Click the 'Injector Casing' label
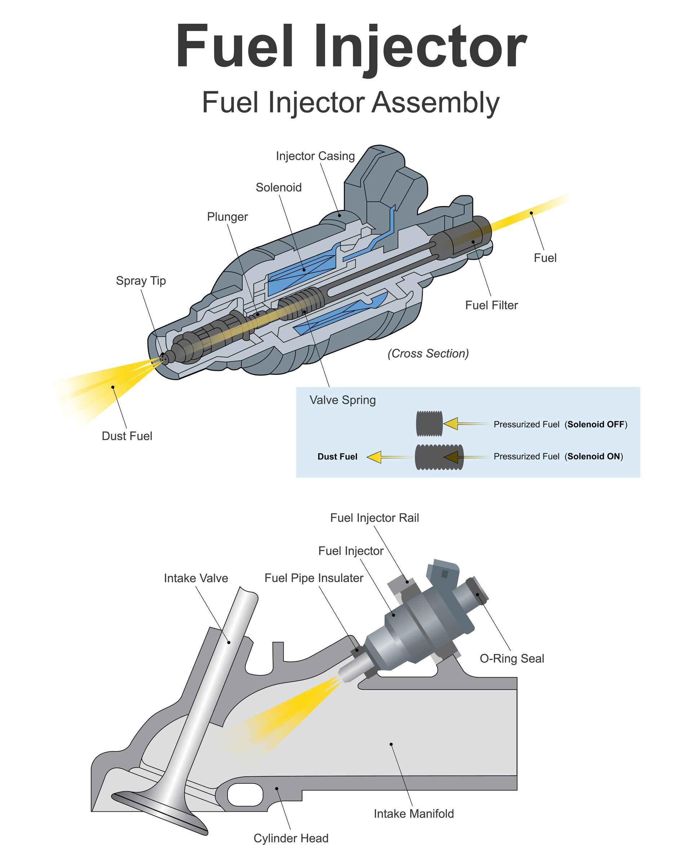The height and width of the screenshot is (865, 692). tap(315, 156)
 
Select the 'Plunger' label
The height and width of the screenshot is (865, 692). tap(227, 217)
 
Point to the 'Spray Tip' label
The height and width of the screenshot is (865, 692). tap(141, 280)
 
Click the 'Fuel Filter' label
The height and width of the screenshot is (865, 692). tap(491, 305)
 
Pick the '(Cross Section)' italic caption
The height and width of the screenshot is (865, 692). tap(428, 353)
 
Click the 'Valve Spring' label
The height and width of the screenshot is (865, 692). tap(343, 400)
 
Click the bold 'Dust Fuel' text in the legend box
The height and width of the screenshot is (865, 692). tap(337, 457)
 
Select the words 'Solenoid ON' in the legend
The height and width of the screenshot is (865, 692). tap(594, 456)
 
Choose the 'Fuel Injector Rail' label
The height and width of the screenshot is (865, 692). tap(374, 518)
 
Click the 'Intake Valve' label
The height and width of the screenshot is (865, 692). tap(196, 578)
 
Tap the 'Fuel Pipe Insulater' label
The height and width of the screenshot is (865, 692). tap(314, 578)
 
